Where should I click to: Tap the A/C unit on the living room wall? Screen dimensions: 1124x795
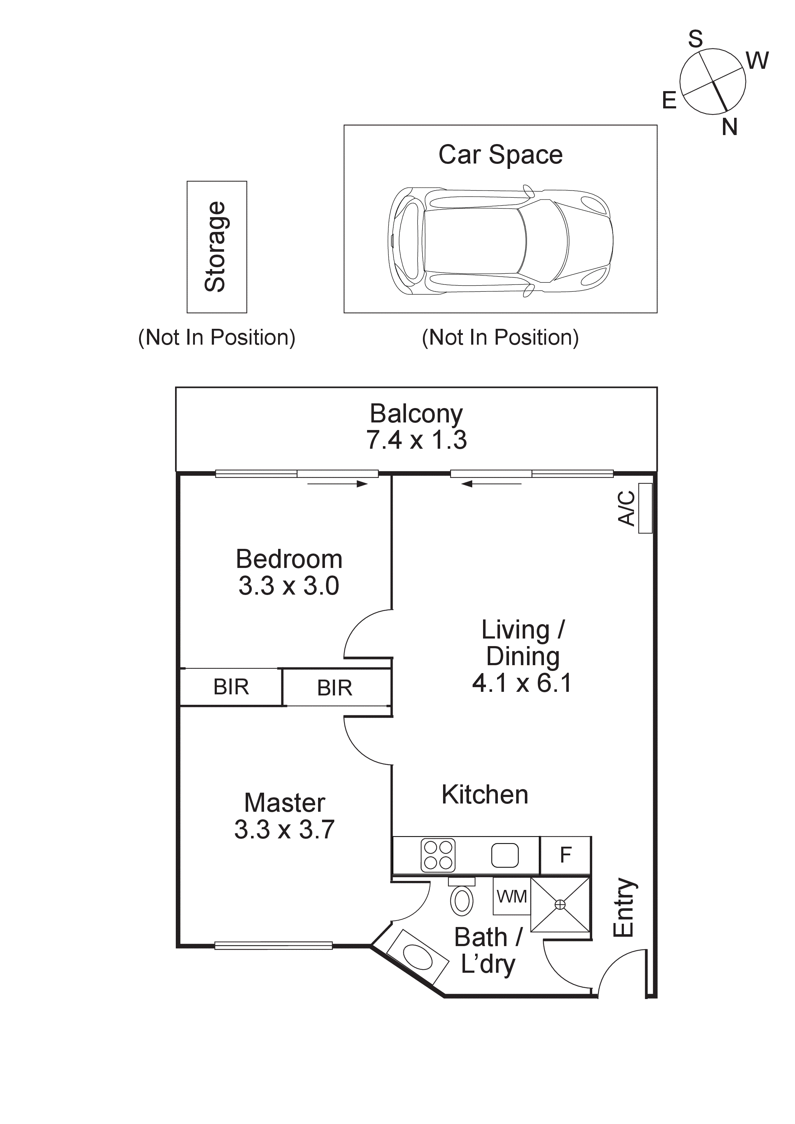point(645,508)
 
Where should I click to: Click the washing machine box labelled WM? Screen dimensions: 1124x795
point(512,896)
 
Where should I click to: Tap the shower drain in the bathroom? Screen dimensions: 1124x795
point(560,905)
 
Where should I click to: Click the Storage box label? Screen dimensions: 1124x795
point(215,246)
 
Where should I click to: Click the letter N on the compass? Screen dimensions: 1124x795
point(729,127)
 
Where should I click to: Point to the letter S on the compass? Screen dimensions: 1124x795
point(695,39)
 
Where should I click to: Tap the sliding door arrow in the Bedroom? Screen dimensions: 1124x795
point(338,484)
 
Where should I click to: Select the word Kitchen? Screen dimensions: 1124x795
point(484,794)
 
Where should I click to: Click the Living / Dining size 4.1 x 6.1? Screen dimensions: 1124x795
point(522,682)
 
